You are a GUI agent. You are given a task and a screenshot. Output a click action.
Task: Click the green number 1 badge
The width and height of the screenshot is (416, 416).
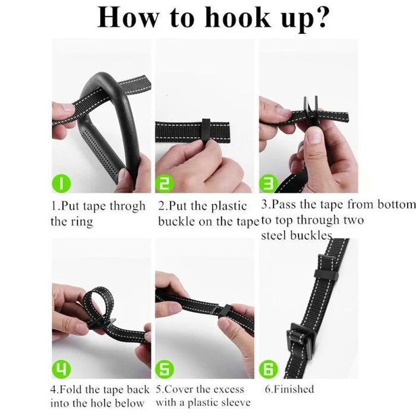pyautogui.click(x=61, y=183)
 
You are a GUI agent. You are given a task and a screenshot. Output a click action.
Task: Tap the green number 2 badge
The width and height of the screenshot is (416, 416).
pyautogui.click(x=165, y=183)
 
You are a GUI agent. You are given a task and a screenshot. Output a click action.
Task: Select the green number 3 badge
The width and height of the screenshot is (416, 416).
pyautogui.click(x=268, y=183)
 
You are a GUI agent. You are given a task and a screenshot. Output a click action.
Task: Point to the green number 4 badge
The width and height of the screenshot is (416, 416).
pyautogui.click(x=61, y=369)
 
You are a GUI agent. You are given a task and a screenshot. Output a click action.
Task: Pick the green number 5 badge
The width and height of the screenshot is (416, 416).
pyautogui.click(x=165, y=369)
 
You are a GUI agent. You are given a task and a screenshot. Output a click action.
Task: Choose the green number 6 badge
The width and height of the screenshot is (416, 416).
pyautogui.click(x=268, y=369)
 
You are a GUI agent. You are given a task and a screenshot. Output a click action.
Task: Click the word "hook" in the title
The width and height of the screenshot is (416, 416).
pyautogui.click(x=238, y=17)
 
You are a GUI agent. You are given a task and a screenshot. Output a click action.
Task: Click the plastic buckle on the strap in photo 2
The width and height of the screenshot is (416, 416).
pyautogui.click(x=207, y=131)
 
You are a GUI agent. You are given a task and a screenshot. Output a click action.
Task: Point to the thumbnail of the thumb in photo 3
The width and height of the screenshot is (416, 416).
pyautogui.click(x=314, y=135)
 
